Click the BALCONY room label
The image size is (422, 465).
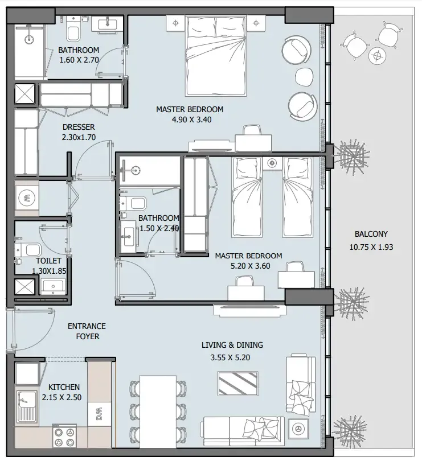point(371,234)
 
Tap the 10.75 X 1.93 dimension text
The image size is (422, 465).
point(371,248)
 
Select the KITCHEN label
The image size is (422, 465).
point(64,387)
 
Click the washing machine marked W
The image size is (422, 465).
point(27,198)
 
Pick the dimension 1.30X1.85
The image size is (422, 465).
point(38,271)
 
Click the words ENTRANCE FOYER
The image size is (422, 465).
point(87,331)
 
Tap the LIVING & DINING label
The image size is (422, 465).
point(232,345)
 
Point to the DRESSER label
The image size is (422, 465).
point(79,127)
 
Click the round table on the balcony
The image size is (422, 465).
point(376,55)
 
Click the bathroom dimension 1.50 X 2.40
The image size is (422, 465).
point(159,228)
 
